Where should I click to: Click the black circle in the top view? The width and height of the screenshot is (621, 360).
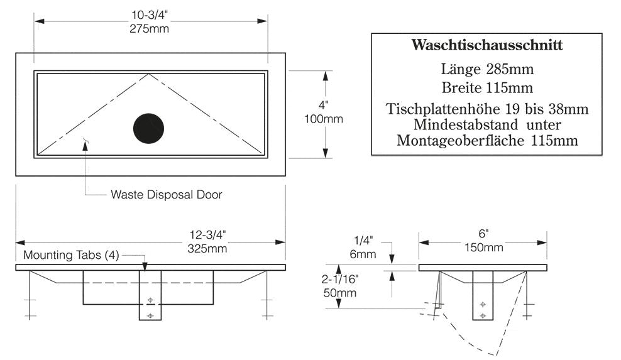point(148,129)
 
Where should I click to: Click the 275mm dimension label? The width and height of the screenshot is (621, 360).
point(150,28)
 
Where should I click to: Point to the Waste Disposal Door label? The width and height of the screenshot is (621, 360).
point(166,195)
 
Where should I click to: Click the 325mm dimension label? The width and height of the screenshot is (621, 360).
point(207,248)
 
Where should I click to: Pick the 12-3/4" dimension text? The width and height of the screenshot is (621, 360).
point(207,236)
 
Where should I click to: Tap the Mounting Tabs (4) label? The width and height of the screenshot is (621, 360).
point(70,256)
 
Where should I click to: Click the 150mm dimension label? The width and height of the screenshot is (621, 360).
point(483,248)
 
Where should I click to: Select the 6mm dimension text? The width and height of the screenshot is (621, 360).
point(363,254)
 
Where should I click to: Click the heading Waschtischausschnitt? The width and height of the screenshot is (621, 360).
point(486,45)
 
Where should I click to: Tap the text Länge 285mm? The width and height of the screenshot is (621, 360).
point(486,68)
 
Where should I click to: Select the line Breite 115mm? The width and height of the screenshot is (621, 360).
point(486,87)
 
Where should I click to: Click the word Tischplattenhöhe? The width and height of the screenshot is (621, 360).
point(441,109)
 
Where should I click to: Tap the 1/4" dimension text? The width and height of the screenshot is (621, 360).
point(364,241)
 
